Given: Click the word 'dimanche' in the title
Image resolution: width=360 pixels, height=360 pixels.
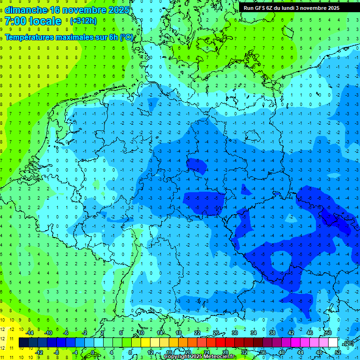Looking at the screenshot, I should (x=26, y=10).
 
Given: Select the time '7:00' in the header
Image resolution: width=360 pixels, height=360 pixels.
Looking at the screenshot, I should (x=15, y=21).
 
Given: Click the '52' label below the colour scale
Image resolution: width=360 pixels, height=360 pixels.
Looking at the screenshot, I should (x=338, y=352).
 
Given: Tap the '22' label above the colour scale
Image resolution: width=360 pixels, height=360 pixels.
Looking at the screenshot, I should (x=197, y=333).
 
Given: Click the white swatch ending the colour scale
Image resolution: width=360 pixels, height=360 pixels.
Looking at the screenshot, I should (x=333, y=342).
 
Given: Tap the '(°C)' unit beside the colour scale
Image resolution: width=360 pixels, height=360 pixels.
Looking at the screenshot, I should (x=348, y=343).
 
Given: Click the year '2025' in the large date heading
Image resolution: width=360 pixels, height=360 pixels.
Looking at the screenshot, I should (x=118, y=10).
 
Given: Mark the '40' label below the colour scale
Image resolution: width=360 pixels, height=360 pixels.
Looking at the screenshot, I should (x=282, y=352).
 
